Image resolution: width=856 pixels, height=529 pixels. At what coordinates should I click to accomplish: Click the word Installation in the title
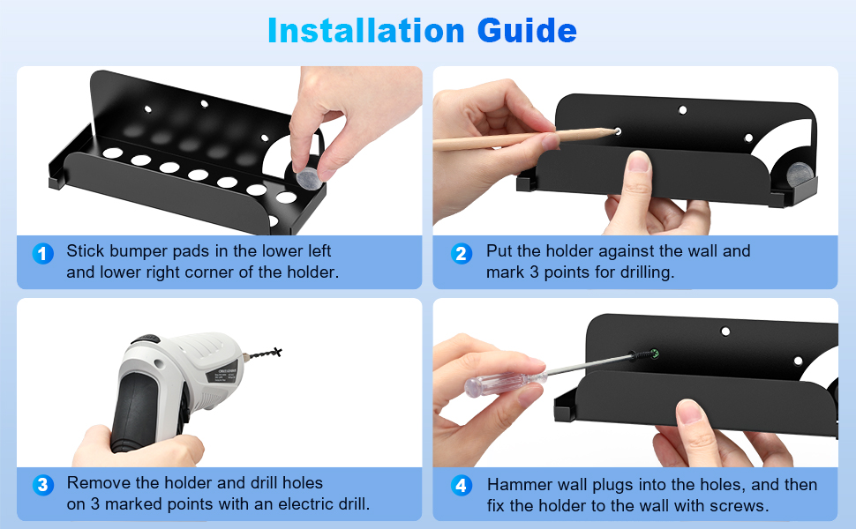(x=365, y=31)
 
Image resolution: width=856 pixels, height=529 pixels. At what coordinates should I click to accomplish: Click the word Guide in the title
(x=527, y=31)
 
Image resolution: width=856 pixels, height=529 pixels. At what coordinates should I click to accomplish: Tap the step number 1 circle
(x=42, y=254)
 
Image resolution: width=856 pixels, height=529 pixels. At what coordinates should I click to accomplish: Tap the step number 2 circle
(x=462, y=254)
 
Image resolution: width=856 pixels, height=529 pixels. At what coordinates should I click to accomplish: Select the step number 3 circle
(x=42, y=485)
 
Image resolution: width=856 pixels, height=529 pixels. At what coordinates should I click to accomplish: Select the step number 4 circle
(x=462, y=485)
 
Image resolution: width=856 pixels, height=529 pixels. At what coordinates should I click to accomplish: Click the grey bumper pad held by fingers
(x=309, y=178)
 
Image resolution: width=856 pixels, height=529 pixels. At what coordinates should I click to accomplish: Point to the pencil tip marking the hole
(x=615, y=130)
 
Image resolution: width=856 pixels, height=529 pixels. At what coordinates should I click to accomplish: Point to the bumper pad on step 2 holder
(x=799, y=175)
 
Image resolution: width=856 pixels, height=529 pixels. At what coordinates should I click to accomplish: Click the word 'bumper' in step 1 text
(x=139, y=251)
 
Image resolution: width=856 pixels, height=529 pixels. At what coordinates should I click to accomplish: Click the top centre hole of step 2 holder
(x=682, y=110)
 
